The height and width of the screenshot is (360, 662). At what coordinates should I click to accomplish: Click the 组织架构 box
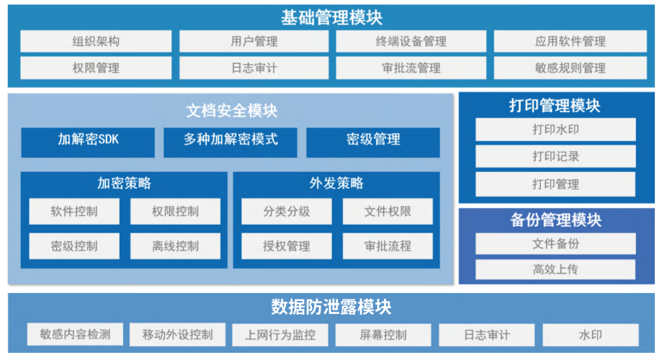[96, 41]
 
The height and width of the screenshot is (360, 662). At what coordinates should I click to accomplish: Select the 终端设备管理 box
[411, 41]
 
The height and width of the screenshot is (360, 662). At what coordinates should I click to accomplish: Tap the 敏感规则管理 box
[570, 68]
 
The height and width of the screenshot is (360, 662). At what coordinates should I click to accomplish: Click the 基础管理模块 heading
[331, 18]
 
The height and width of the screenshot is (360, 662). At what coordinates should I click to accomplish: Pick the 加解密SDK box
[88, 143]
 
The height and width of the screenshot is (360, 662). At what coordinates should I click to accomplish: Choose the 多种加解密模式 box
[231, 143]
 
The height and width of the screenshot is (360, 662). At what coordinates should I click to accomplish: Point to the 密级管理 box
[373, 143]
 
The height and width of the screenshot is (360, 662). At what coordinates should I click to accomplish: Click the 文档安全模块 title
[232, 111]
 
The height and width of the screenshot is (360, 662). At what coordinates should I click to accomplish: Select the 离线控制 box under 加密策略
[175, 246]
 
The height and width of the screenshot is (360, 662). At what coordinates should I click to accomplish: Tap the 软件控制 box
[74, 211]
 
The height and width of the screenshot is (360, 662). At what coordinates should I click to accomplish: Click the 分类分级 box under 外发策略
[287, 211]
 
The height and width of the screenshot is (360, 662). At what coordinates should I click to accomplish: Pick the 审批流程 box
[388, 246]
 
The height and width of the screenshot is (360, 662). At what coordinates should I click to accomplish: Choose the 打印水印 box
[555, 129]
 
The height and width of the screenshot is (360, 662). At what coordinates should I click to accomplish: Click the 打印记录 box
[555, 156]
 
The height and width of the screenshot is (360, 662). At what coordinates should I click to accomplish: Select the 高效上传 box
[555, 269]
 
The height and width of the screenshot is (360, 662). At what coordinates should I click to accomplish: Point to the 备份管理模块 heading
[555, 220]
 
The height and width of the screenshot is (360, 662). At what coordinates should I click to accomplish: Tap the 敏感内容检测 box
[75, 335]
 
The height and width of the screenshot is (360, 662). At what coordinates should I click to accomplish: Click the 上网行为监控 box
[280, 335]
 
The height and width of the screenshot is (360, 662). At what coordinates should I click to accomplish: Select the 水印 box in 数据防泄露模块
[590, 335]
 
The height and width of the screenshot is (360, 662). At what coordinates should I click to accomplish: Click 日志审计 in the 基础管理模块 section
[254, 68]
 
